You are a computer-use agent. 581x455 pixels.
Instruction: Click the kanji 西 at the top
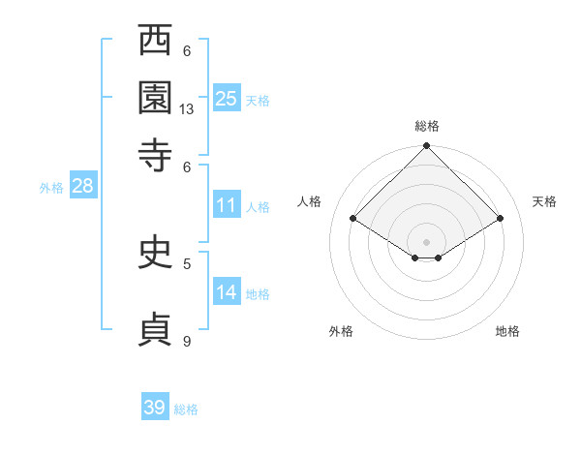156,43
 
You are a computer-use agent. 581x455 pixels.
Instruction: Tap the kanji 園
156,99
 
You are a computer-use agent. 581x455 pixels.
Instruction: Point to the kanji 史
156,254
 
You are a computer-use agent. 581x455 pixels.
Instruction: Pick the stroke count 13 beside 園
187,109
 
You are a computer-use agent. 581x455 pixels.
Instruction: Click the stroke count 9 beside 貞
187,341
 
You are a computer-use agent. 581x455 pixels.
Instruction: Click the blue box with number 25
227,99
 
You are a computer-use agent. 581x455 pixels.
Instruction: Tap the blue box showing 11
227,205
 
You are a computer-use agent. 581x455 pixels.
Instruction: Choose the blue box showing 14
227,292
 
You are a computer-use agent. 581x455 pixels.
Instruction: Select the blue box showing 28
82,187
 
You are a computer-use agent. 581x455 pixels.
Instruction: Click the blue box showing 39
155,409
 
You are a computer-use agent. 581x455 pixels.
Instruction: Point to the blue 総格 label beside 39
186,409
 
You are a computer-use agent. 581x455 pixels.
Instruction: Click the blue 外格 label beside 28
51,188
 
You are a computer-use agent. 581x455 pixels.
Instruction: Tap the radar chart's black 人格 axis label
310,201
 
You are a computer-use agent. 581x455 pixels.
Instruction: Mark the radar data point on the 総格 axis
427,147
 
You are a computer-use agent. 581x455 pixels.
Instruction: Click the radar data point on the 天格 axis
501,219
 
